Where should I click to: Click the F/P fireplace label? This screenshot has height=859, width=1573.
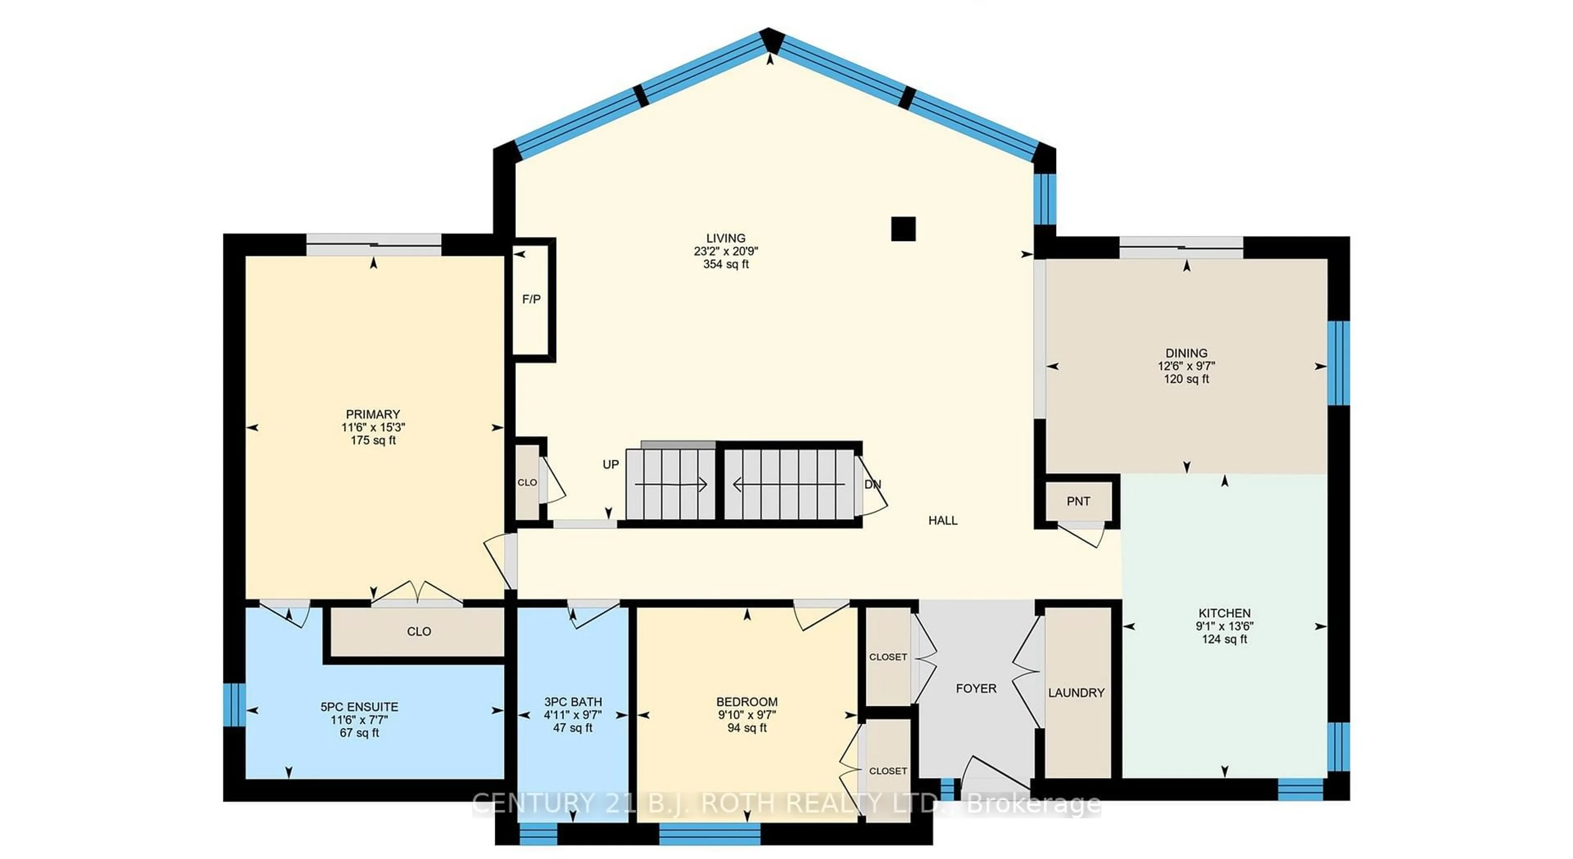coord(530,299)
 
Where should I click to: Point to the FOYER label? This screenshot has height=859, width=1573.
coord(975,689)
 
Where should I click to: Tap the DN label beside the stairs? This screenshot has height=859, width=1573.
coord(872,484)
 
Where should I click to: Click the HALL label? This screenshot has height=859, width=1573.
coord(942,520)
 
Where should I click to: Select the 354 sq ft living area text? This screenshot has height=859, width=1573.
coord(725,264)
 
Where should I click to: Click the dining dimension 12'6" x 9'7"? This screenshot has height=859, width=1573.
coord(1186,366)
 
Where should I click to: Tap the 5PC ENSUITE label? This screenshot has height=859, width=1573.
coord(359,707)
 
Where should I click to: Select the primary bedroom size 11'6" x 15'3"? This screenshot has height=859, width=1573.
coord(372,427)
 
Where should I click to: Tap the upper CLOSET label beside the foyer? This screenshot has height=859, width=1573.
coord(887,657)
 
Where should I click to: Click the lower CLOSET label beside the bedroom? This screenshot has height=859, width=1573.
coord(887,771)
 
